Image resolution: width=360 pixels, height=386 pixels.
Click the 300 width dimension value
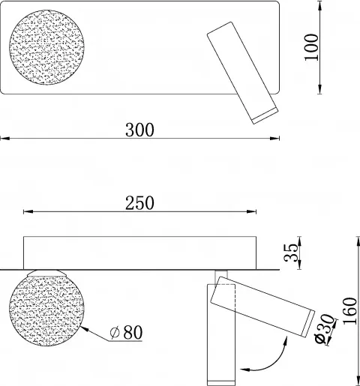click(x=139, y=129)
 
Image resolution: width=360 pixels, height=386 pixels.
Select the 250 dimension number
click(x=139, y=202)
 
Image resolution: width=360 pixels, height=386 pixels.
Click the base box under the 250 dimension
click(x=140, y=251)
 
